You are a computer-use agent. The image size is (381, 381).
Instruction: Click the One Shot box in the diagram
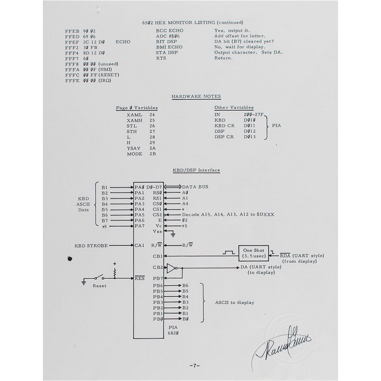(253, 253)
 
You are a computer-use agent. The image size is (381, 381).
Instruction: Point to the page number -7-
(195, 366)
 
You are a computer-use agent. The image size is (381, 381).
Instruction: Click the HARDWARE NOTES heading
(196, 97)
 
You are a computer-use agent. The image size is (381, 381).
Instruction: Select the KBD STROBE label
(91, 246)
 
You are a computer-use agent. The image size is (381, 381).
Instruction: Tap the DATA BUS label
(195, 187)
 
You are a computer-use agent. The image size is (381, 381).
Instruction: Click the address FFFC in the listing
(72, 75)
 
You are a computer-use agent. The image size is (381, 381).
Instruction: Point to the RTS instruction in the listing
(162, 58)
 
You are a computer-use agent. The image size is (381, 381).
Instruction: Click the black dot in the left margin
(70, 259)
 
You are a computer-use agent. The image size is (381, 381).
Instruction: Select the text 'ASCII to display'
(234, 303)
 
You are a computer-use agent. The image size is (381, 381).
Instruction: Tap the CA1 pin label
(139, 245)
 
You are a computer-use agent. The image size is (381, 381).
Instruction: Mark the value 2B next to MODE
(152, 154)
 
